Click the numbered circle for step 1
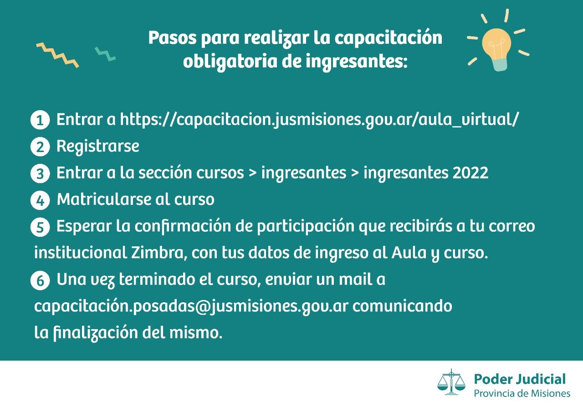[40, 120]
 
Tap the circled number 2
[40, 147]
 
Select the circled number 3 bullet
[40, 174]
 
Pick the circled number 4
[40, 201]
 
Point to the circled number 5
[40, 227]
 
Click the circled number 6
[40, 280]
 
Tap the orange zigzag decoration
[57, 55]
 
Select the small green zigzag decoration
[105, 54]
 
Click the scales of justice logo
[451, 382]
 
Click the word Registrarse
[98, 146]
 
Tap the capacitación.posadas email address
[191, 306]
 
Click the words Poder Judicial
[520, 379]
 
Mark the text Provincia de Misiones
[522, 393]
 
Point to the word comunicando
[402, 306]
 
